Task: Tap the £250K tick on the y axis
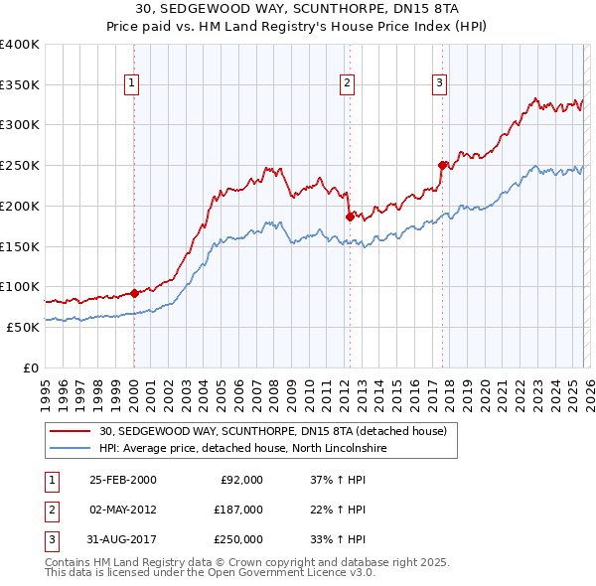[20, 166]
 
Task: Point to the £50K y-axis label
[23, 327]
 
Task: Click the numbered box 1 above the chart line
[133, 84]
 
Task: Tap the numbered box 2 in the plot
[348, 84]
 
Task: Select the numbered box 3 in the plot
[439, 84]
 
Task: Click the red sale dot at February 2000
[134, 293]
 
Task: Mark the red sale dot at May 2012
[349, 217]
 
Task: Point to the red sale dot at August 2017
[442, 165]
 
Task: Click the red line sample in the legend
[72, 431]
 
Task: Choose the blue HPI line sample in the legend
[72, 448]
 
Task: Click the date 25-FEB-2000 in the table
[123, 480]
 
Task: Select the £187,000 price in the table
[237, 510]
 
